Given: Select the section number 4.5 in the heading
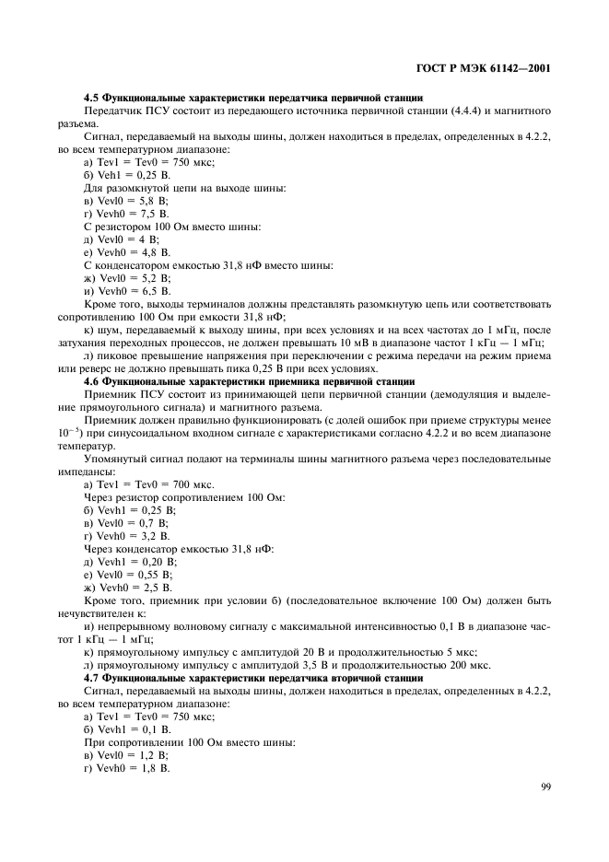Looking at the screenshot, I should click(x=91, y=97).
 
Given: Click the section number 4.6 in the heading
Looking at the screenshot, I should click(x=91, y=380).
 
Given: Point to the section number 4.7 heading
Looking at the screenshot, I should click(x=91, y=677).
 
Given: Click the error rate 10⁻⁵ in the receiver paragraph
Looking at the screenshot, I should click(x=69, y=432).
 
